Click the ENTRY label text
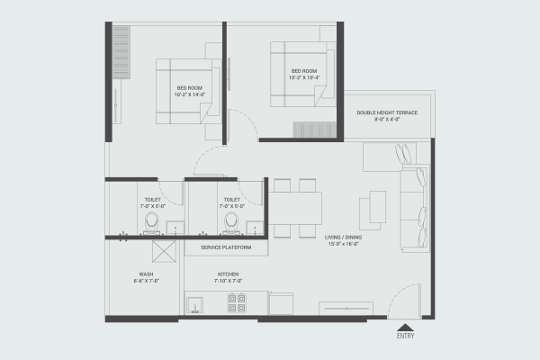(x=406, y=337)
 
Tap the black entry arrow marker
(x=406, y=327)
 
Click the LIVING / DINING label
(x=344, y=237)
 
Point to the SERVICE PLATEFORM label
(x=225, y=247)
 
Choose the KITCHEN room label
(x=227, y=274)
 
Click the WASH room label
(x=145, y=274)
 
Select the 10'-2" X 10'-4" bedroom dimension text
(x=303, y=77)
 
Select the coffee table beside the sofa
(x=373, y=210)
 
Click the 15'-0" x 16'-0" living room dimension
(x=344, y=244)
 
